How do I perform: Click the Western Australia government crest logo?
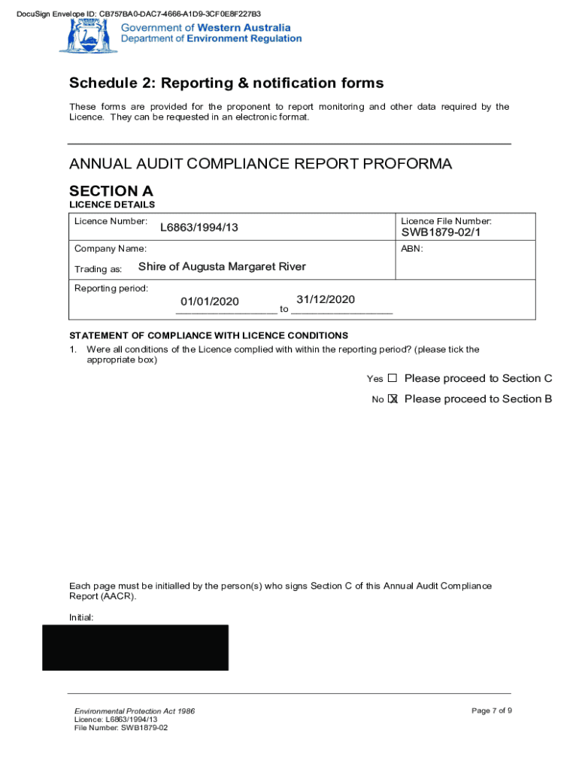click(78, 35)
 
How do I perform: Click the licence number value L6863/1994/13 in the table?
click(199, 227)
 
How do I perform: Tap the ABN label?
click(412, 249)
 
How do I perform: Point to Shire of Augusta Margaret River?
click(222, 267)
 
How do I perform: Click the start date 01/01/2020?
click(210, 302)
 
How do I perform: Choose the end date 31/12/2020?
click(326, 299)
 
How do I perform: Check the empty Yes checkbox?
click(392, 378)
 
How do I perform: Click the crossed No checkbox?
click(393, 399)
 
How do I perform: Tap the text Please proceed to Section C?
click(478, 378)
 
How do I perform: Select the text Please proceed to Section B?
click(478, 399)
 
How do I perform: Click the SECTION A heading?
click(111, 191)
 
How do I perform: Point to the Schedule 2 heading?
click(226, 83)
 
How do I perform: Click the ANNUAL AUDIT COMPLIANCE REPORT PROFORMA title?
click(260, 164)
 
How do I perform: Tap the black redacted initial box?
click(135, 647)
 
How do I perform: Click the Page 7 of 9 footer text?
click(492, 711)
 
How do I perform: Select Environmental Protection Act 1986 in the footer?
click(135, 711)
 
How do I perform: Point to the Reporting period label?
click(111, 289)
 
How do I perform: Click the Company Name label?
click(111, 249)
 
